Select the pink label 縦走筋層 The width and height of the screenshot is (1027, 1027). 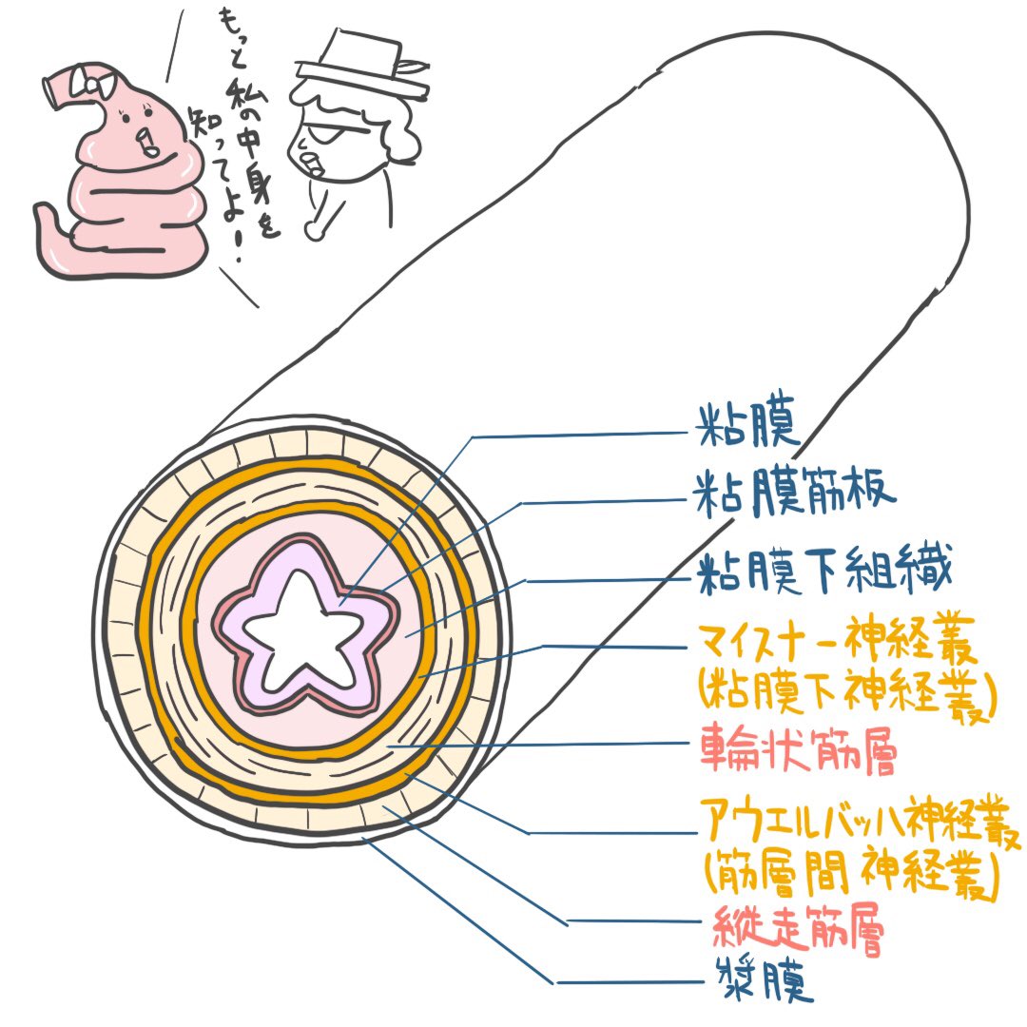click(x=798, y=933)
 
